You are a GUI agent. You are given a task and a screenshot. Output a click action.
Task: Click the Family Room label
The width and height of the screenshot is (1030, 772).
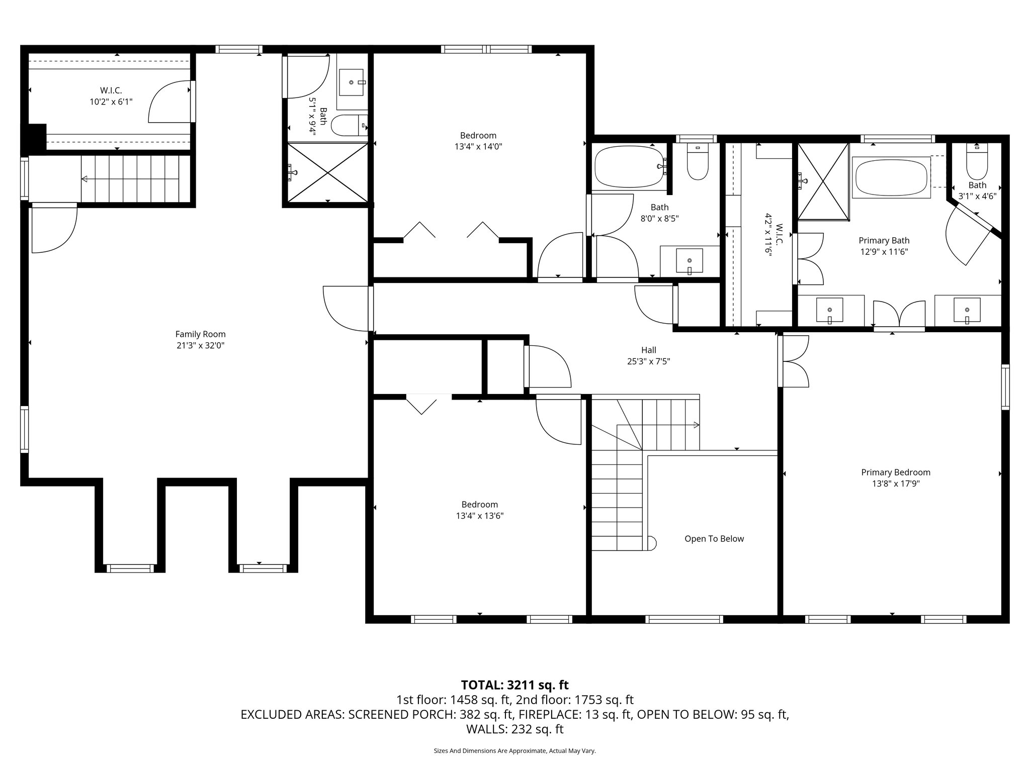point(200,334)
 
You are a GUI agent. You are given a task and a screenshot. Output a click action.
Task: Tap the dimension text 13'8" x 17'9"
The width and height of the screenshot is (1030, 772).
point(895,484)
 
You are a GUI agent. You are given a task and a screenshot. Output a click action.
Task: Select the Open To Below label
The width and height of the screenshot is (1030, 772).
point(714,539)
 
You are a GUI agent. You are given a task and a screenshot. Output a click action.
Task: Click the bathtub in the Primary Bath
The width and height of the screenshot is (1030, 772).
point(891,177)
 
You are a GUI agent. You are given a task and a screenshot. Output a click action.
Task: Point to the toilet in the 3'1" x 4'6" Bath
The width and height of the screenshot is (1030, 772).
point(977,163)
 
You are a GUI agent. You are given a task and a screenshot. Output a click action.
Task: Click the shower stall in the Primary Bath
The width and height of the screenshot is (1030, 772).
point(823,181)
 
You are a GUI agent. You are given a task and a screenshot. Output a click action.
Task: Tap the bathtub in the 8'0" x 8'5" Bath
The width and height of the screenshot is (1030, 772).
point(629,166)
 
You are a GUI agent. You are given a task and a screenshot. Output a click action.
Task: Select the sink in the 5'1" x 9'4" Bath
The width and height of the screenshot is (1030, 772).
point(352,82)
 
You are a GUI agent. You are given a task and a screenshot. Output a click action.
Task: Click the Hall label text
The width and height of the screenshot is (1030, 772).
point(648,350)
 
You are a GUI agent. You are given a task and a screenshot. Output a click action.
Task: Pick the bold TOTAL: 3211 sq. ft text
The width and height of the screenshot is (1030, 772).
point(514,685)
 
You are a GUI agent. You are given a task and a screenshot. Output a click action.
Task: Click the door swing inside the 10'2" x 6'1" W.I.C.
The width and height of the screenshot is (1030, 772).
point(168,103)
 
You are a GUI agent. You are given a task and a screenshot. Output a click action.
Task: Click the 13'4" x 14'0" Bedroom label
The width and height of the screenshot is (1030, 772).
point(478,136)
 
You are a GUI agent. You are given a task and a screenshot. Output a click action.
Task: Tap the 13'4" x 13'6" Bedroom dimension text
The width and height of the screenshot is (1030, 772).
point(479,516)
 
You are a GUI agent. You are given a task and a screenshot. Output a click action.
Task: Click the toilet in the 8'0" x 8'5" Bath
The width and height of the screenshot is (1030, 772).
point(697,162)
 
